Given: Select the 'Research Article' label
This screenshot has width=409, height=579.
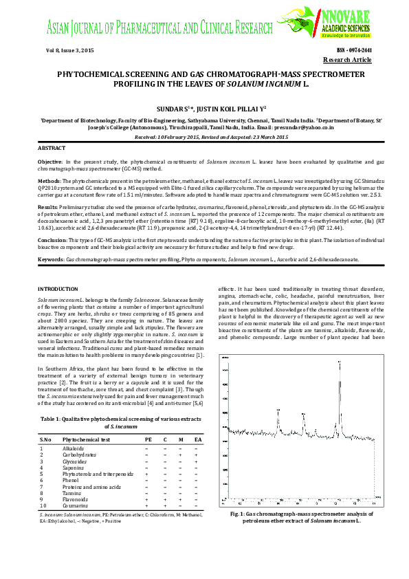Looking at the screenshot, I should pyautogui.click(x=352, y=61).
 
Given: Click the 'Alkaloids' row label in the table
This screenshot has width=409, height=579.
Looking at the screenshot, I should pyautogui.click(x=73, y=448).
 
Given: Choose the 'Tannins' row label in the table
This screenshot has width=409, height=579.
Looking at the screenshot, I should pyautogui.click(x=72, y=493).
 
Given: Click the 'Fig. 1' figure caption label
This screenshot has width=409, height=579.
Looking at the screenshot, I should pyautogui.click(x=238, y=514).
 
